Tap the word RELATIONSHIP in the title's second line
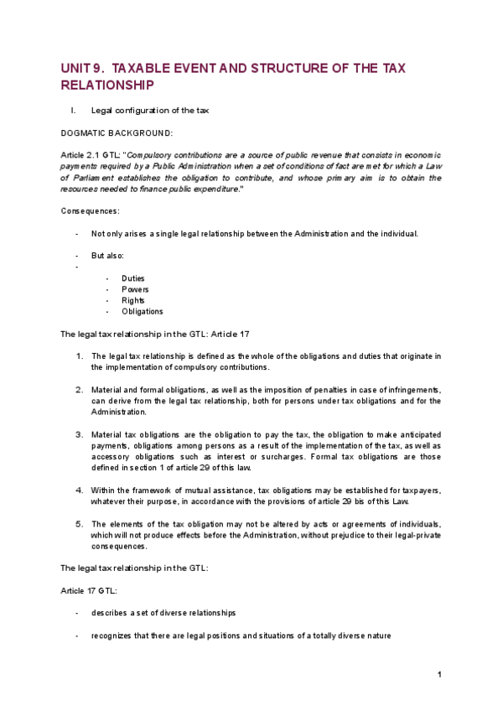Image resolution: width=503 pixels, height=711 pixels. point(108,86)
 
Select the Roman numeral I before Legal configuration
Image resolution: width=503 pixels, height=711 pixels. point(75,110)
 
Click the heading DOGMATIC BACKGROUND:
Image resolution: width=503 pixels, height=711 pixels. point(117,132)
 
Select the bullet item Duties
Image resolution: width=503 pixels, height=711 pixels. point(132,278)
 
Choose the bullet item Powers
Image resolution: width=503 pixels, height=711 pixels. point(135,289)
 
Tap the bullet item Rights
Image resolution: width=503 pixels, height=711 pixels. point(132,300)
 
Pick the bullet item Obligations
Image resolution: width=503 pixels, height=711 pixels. point(143,312)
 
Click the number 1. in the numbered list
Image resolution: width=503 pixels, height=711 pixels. point(80,356)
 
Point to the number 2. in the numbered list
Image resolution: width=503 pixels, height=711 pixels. point(80,390)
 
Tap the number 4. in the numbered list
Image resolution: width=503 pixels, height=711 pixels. point(80,490)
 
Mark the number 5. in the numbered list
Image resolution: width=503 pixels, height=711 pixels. point(80,524)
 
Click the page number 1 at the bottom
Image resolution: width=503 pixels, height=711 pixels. point(439,675)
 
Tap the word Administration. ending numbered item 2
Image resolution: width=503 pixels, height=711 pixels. point(118,413)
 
